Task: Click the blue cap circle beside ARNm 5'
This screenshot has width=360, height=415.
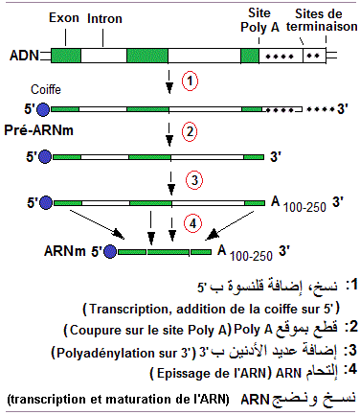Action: tap(112, 251)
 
